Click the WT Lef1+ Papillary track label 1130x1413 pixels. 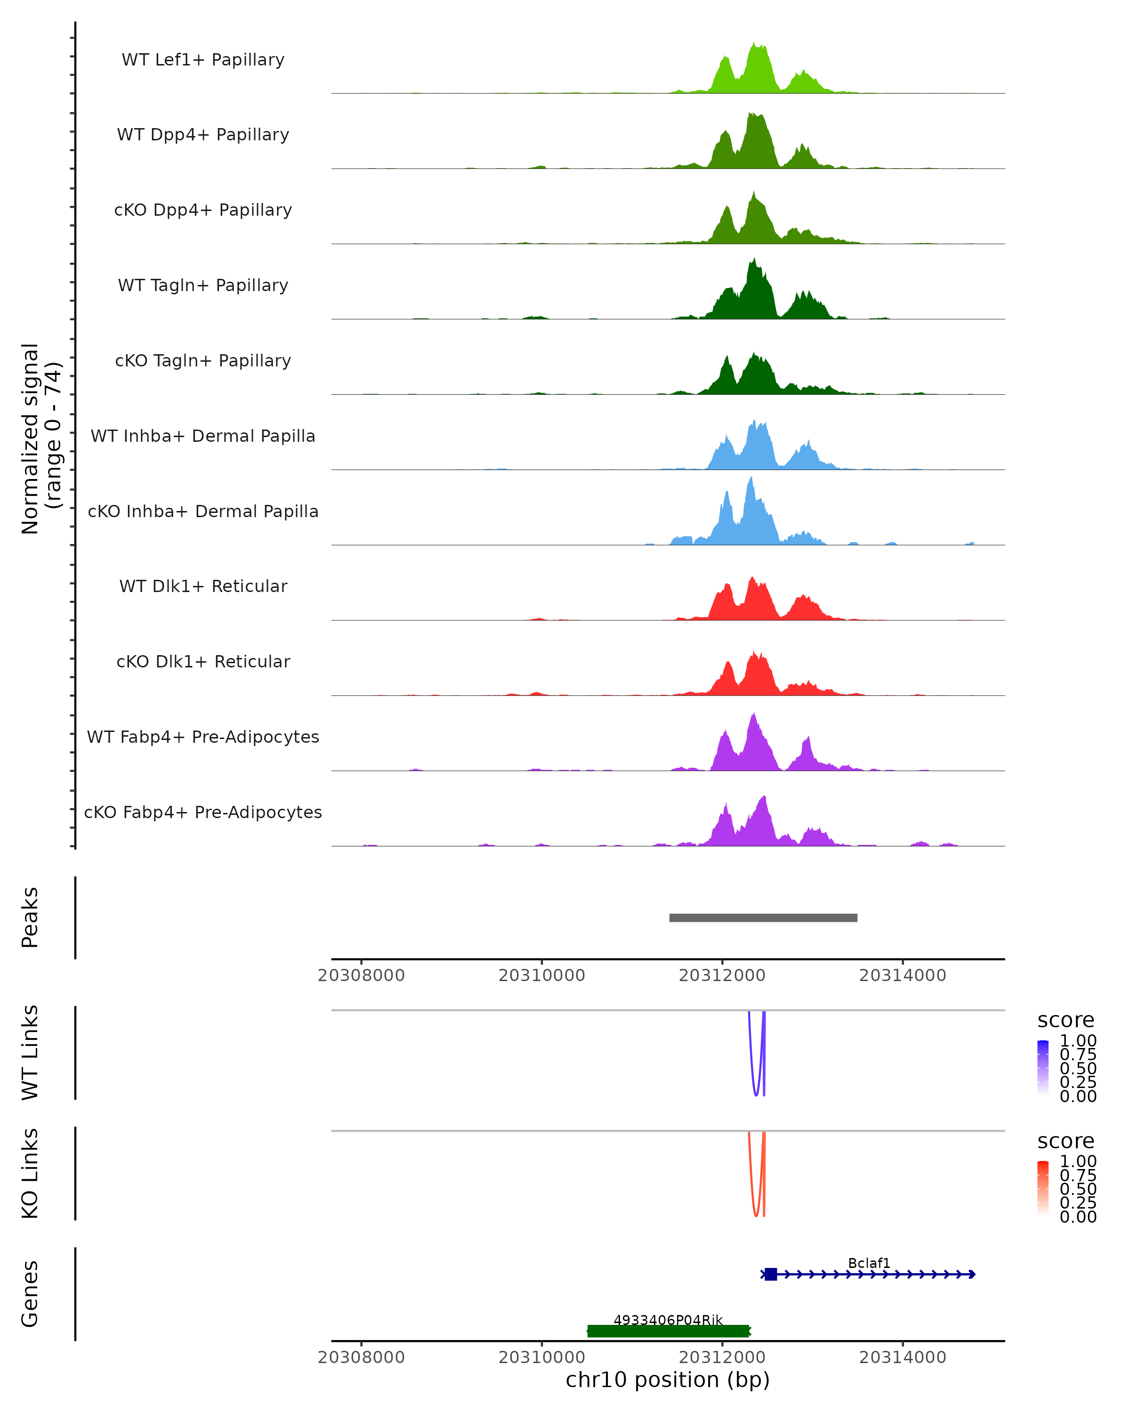203,60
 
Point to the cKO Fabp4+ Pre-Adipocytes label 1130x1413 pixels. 203,812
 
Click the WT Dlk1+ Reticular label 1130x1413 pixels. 203,586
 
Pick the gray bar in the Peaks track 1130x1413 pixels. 763,918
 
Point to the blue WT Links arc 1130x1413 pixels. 756,1088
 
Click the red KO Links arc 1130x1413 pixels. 756,1209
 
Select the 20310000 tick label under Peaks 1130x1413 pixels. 542,976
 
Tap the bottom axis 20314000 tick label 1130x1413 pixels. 903,1357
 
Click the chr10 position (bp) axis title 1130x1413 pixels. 668,1380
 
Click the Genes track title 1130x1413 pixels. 30,1294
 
